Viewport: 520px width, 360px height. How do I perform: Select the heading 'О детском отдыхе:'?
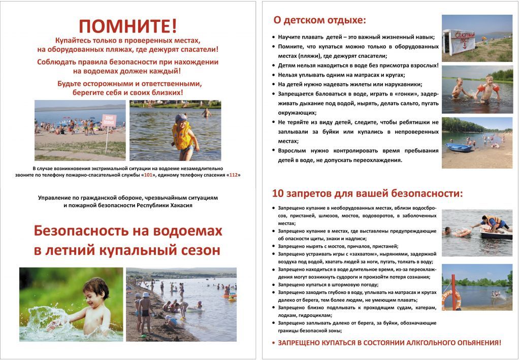(x=319, y=21)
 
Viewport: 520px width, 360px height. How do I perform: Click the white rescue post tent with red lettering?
(x=459, y=41)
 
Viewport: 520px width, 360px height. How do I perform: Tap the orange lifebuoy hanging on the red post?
(x=450, y=300)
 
